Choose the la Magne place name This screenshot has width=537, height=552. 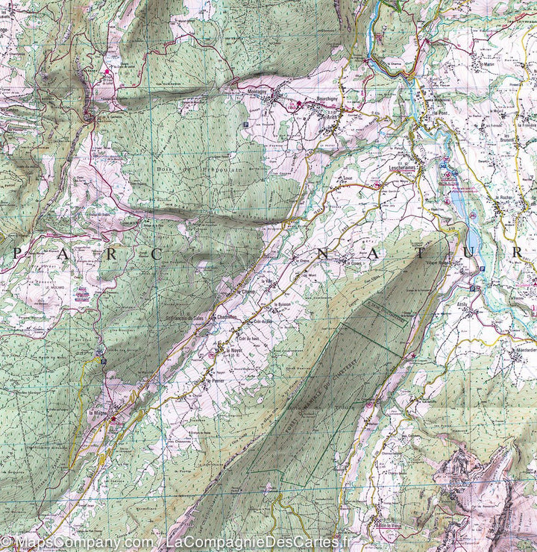coord(98,413)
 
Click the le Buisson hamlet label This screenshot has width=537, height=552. coord(280,304)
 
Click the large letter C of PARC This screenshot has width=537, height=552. coord(158,254)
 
